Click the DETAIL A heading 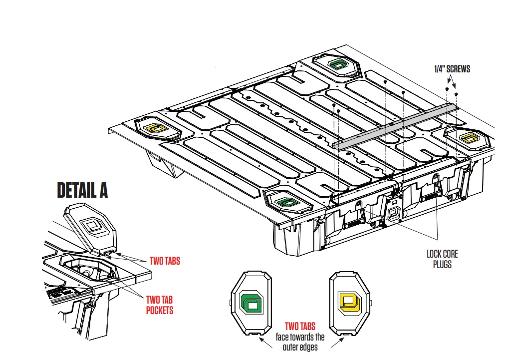coord(82,190)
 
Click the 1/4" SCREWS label coord(452,69)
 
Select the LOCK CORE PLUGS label coord(442,259)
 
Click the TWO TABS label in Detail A coord(165,261)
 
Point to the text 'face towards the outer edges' coord(300,342)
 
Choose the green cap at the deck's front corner coord(286,202)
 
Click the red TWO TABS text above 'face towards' coord(300,327)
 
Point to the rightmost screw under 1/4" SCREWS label coord(456,94)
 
